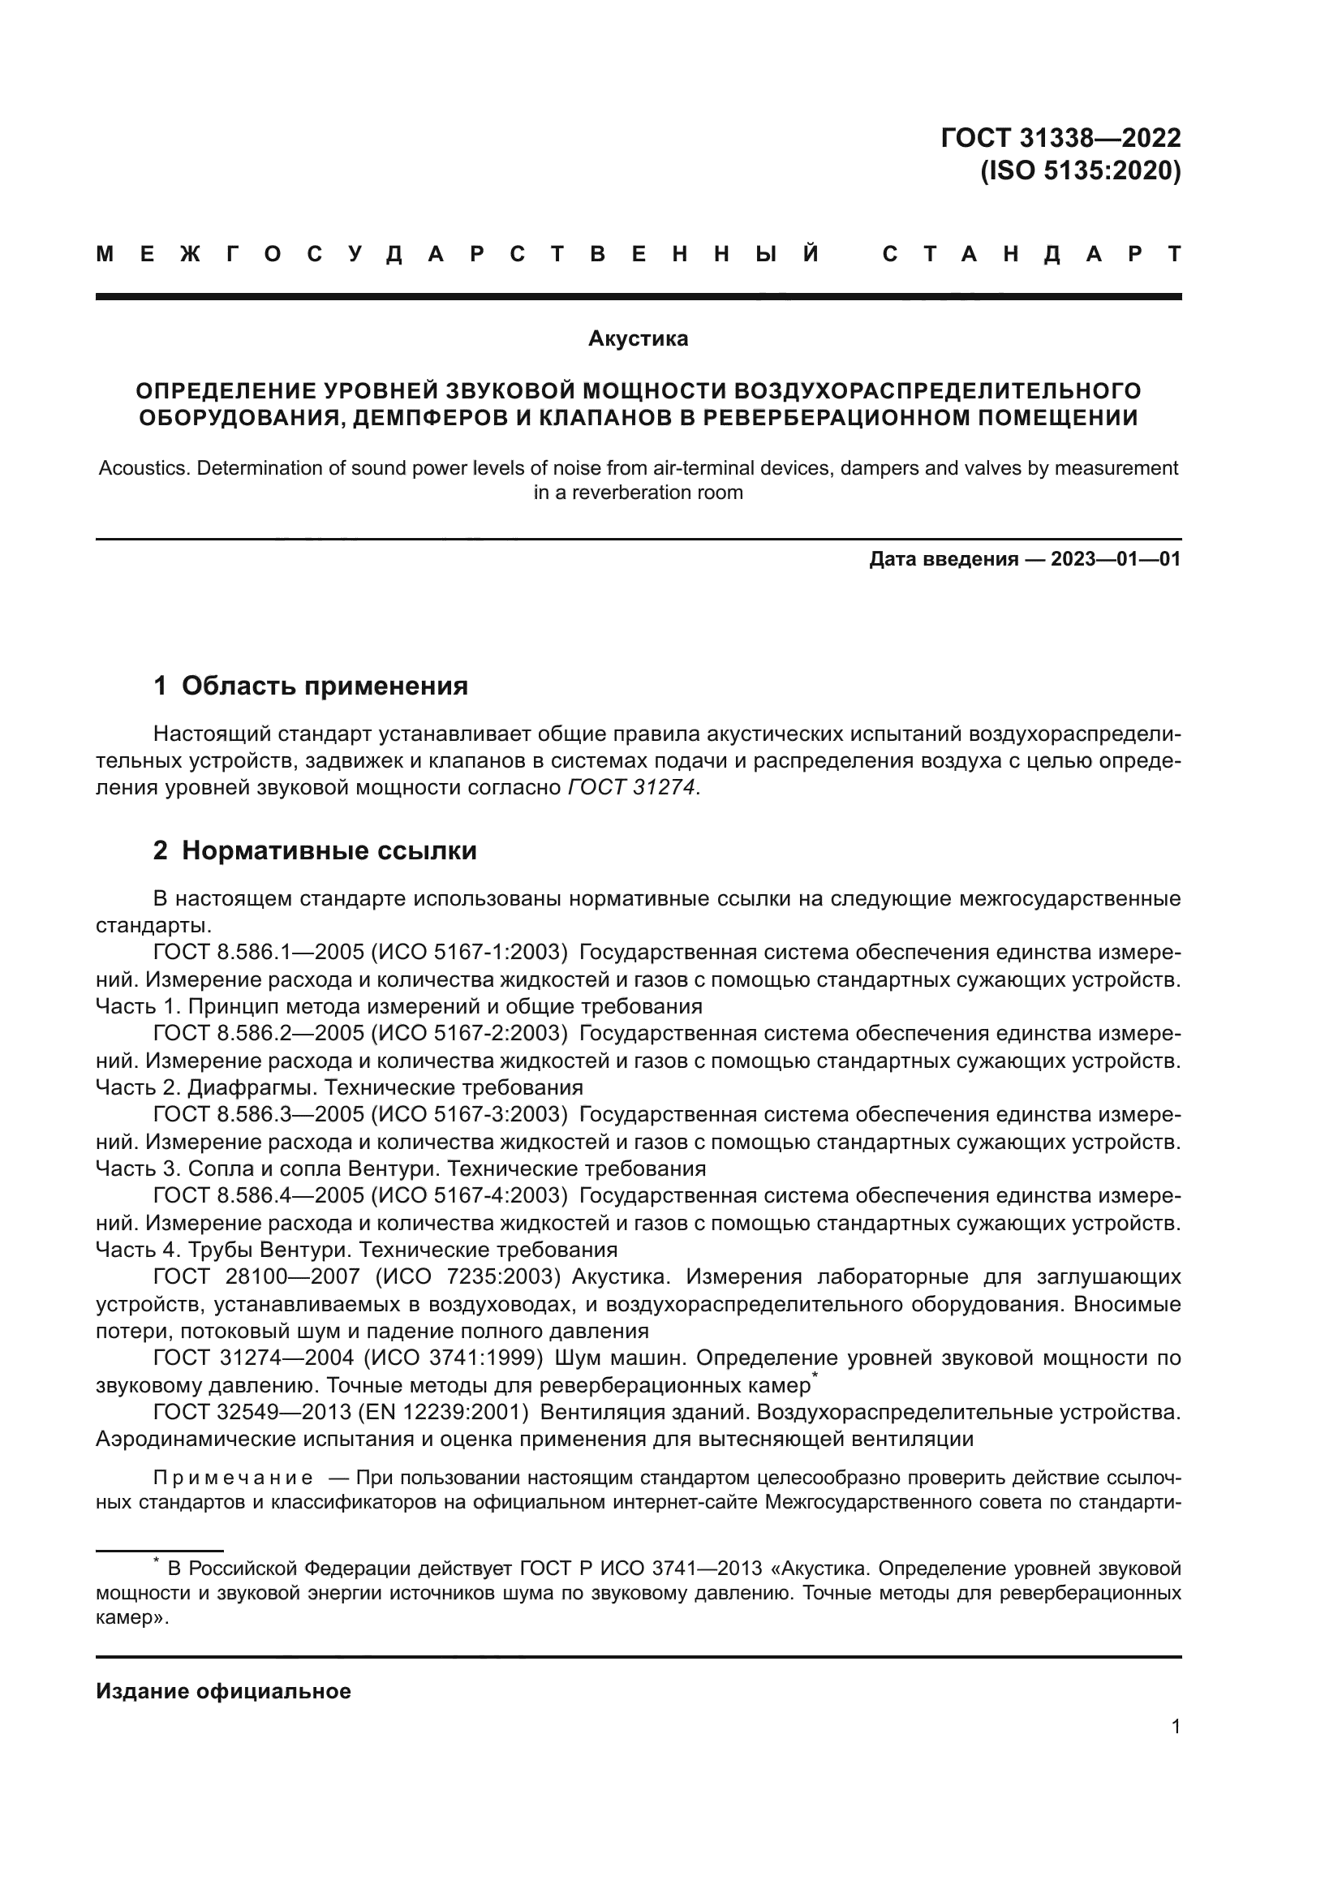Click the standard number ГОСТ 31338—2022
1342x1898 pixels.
click(x=1060, y=137)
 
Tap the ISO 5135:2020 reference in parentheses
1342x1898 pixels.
click(x=1080, y=171)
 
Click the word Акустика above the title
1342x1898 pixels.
click(x=638, y=339)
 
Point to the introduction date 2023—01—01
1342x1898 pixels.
click(x=1116, y=560)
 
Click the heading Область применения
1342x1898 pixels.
click(x=324, y=686)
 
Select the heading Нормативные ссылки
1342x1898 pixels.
click(x=329, y=850)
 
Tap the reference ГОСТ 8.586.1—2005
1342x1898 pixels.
click(x=257, y=953)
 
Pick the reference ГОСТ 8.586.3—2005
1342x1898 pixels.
click(x=257, y=1114)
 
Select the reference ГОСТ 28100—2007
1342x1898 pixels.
click(x=257, y=1276)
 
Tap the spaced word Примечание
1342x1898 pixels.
click(x=233, y=1477)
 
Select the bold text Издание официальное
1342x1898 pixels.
click(x=223, y=1691)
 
